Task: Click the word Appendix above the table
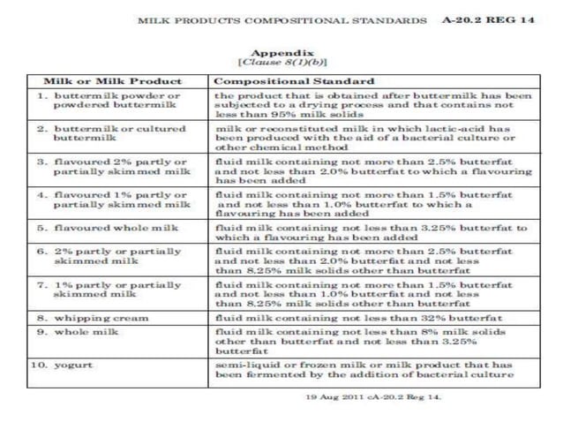[x=281, y=52]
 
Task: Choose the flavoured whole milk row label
[x=110, y=227]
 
